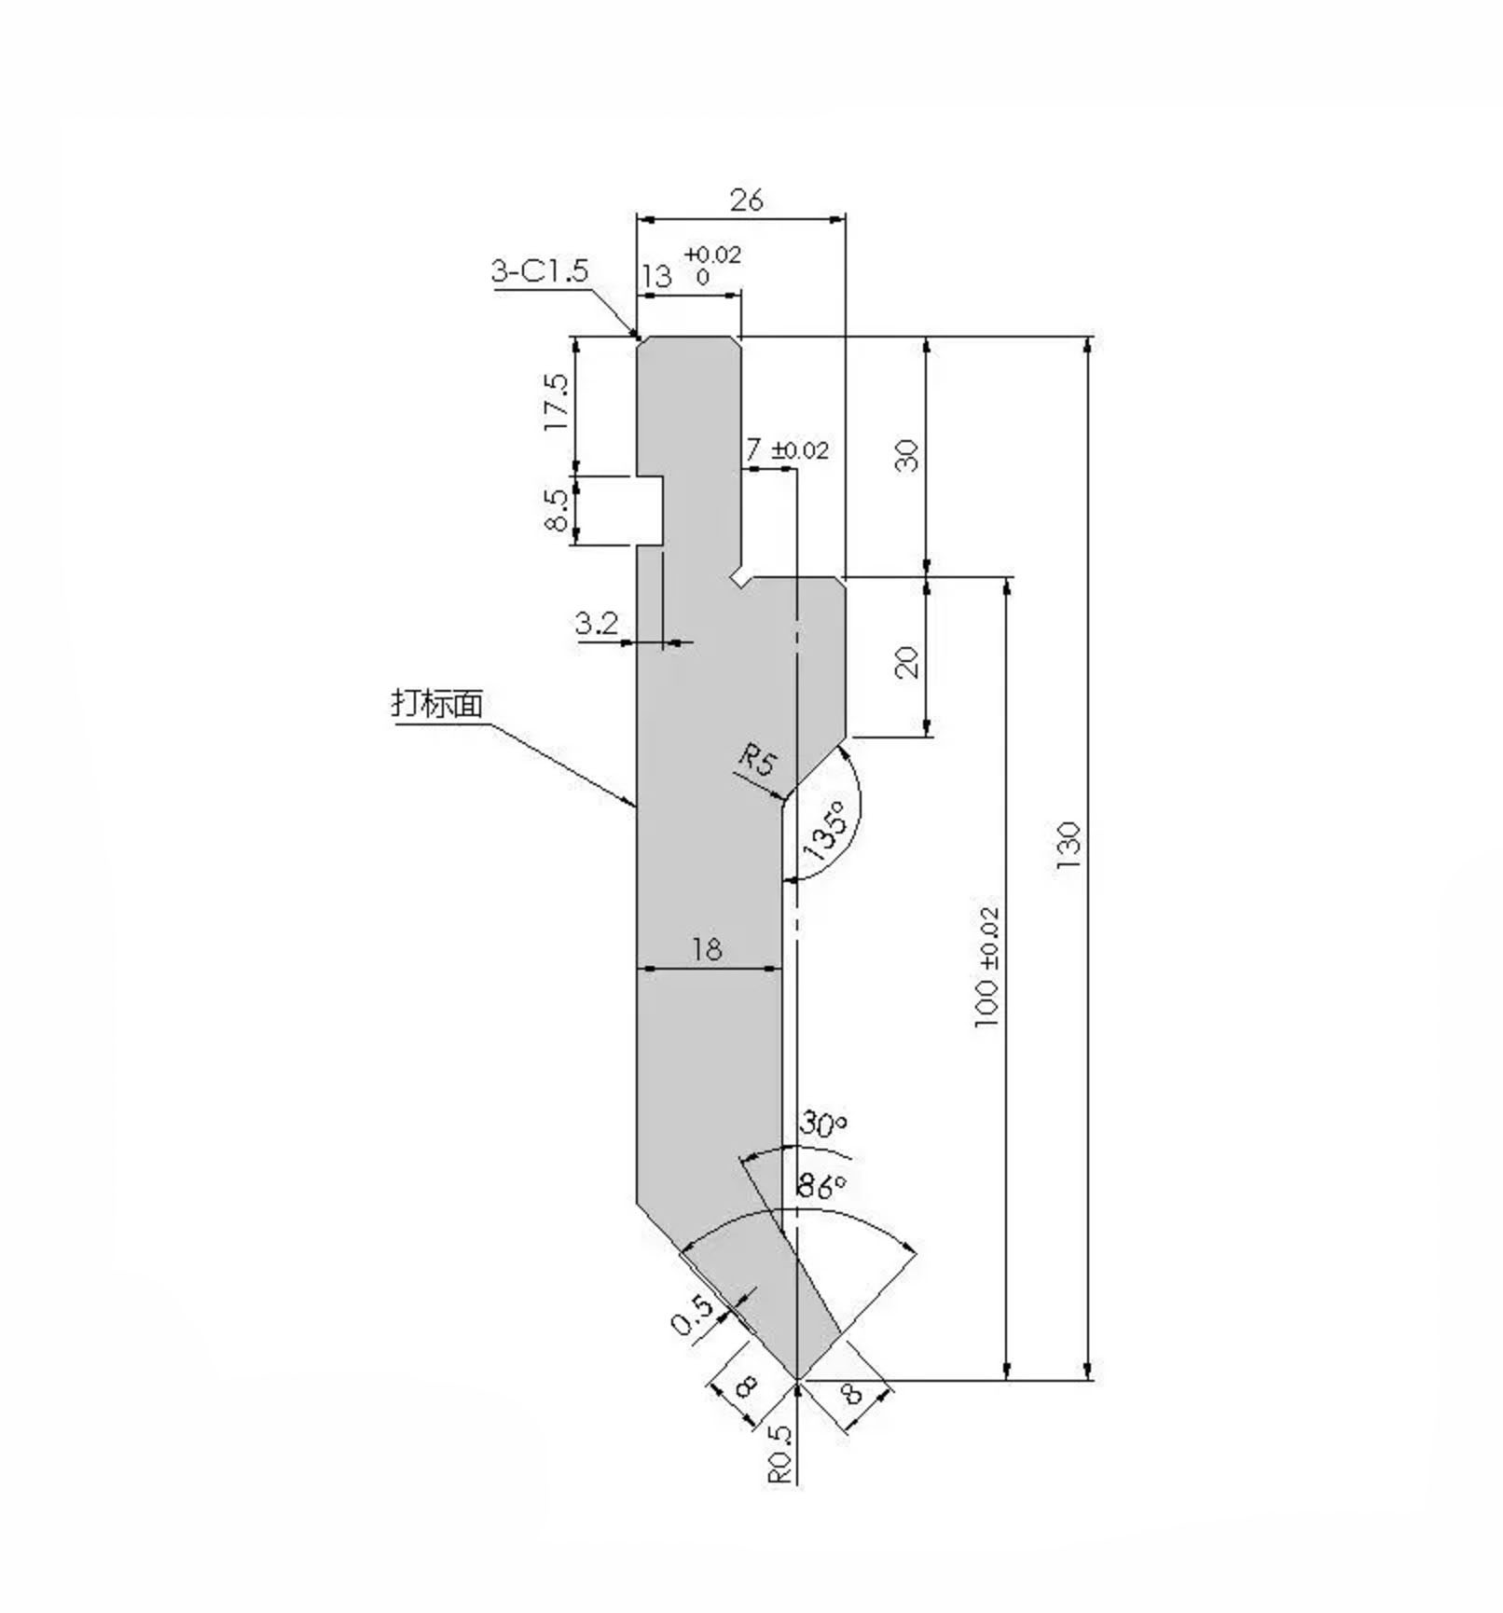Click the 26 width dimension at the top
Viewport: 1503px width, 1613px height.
[747, 200]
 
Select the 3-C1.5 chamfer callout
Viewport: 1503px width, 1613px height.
[540, 271]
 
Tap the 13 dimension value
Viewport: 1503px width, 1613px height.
[656, 276]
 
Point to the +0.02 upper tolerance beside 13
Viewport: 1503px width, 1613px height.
[712, 255]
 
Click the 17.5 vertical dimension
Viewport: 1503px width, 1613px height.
[556, 403]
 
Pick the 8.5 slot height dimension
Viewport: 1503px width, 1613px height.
[556, 509]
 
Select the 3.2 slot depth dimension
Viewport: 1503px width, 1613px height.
[597, 623]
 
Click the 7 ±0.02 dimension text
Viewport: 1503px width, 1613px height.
[786, 450]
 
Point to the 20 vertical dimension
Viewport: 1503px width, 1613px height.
[906, 661]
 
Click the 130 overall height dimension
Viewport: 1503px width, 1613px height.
[1069, 846]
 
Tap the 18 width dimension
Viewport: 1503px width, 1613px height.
[707, 949]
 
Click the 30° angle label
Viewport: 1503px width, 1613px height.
[822, 1125]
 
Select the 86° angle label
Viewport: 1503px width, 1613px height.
[821, 1186]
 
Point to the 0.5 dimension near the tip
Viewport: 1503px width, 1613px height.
[693, 1316]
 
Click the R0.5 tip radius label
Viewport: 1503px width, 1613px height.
[780, 1454]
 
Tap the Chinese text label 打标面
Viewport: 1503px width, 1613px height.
[437, 703]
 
